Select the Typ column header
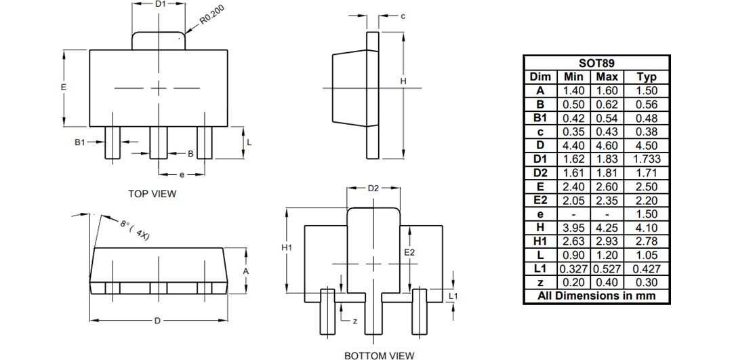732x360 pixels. point(647,77)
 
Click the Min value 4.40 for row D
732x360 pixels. point(573,145)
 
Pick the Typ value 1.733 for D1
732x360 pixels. point(647,159)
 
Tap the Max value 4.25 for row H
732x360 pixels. point(607,228)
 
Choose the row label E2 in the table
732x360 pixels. point(540,200)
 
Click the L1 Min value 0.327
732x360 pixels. point(573,268)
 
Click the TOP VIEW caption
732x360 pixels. point(152,194)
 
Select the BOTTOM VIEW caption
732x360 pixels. point(379,355)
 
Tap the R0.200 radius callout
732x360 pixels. point(214,15)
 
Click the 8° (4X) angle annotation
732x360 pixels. point(135,228)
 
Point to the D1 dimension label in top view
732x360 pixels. point(160,4)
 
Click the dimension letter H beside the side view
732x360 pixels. point(403,81)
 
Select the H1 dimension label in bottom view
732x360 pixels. point(286,248)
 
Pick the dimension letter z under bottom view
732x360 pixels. point(354,321)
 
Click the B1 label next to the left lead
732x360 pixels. point(80,143)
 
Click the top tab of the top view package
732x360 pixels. point(159,40)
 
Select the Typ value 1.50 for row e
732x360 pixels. point(647,214)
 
